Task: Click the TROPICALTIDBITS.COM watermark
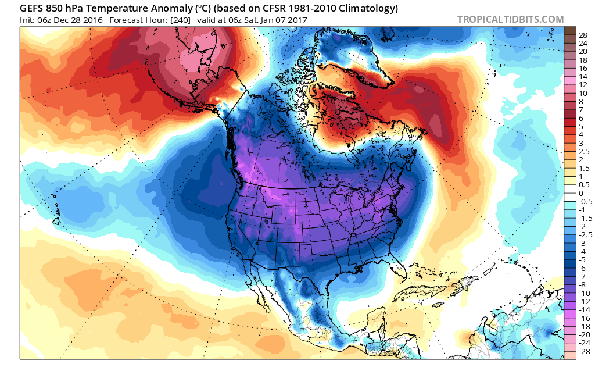click(x=510, y=19)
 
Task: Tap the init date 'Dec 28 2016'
click(x=78, y=20)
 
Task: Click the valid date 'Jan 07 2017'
click(x=283, y=20)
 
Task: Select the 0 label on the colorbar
click(x=582, y=193)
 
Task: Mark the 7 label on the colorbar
click(x=582, y=109)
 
